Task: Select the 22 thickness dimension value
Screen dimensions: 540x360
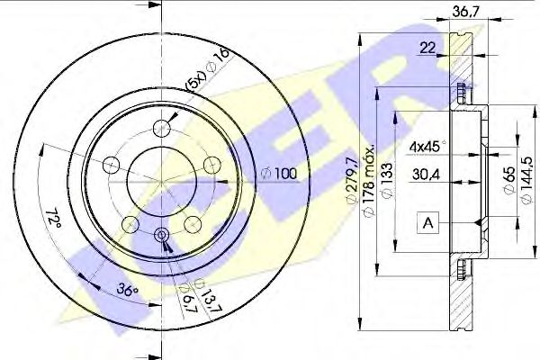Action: pyautogui.click(x=427, y=48)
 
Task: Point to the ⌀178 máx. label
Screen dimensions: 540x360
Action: pyautogui.click(x=369, y=182)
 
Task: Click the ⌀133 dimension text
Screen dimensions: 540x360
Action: pyautogui.click(x=386, y=180)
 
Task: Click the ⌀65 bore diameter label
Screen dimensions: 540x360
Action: pyautogui.click(x=509, y=180)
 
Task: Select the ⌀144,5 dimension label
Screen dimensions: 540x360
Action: pyautogui.click(x=526, y=180)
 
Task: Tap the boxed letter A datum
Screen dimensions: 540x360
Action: pyautogui.click(x=427, y=223)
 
